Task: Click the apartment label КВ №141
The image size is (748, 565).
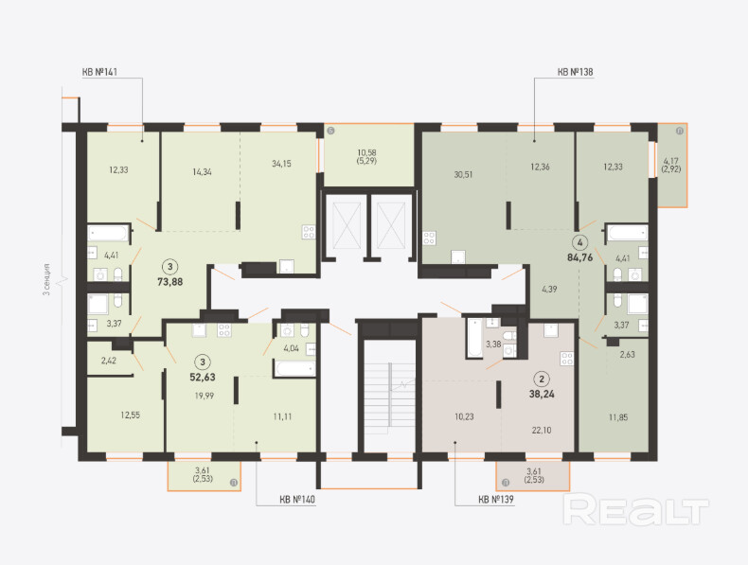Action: tap(99, 72)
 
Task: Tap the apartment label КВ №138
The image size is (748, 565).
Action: tap(576, 72)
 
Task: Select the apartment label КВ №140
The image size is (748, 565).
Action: tap(297, 500)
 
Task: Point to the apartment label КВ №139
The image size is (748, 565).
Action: tap(496, 500)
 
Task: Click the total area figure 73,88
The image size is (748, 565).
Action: tap(170, 282)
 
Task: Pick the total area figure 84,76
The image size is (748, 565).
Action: tap(580, 257)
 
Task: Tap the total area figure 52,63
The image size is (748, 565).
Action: tap(203, 378)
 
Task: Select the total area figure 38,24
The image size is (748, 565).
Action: tap(542, 395)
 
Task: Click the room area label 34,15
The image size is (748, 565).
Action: tap(281, 164)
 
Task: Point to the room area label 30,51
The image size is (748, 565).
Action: tap(463, 174)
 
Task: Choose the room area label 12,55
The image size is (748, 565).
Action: tap(131, 415)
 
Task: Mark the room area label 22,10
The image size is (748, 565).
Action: tap(542, 430)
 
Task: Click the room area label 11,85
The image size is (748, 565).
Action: tap(618, 417)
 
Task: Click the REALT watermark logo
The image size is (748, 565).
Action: tap(636, 509)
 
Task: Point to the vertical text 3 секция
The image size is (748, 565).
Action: tap(46, 280)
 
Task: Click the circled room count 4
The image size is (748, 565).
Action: tap(580, 242)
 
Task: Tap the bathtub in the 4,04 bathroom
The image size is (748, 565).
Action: tap(294, 368)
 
